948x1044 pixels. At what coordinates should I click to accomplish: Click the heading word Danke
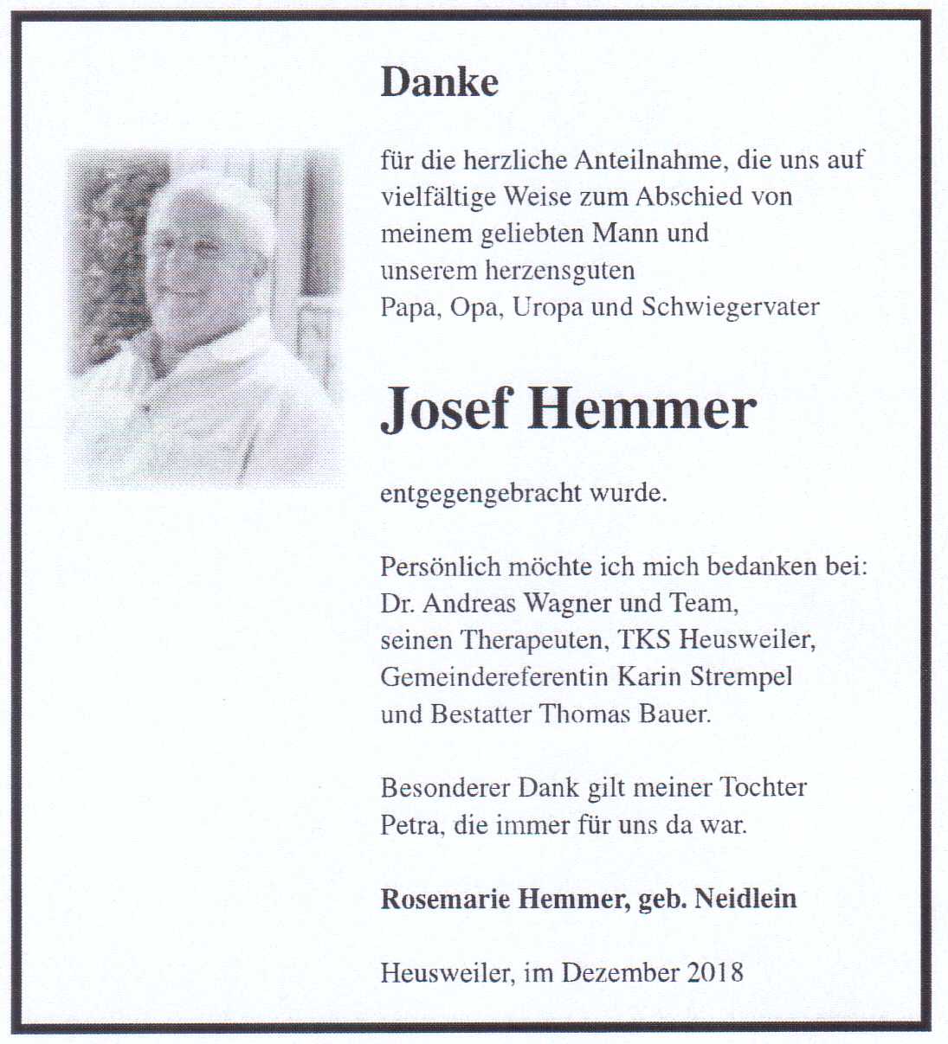439,82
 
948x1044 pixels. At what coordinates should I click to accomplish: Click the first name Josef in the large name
446,409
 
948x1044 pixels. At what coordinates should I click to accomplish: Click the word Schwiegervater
730,307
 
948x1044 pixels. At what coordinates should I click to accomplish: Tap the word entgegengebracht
480,495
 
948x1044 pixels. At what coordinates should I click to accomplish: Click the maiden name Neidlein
745,899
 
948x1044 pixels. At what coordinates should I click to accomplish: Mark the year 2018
715,972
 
